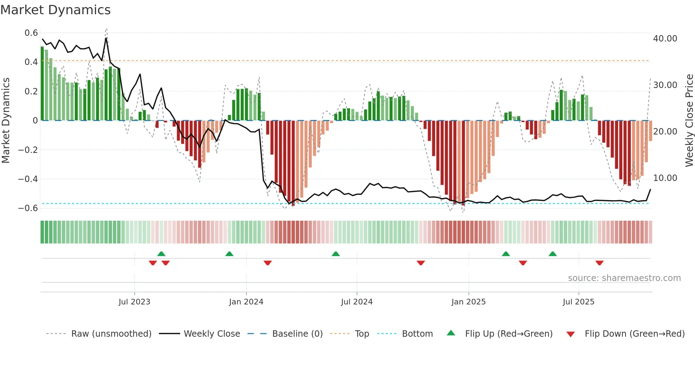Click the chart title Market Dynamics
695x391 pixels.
point(56,10)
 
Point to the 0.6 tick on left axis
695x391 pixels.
point(31,33)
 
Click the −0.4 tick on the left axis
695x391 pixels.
point(28,179)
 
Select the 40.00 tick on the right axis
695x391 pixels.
point(665,38)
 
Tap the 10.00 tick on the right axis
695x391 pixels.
point(665,178)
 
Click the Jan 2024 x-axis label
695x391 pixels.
point(246,302)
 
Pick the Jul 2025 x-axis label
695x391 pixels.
point(578,302)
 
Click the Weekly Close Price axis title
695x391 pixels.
point(689,121)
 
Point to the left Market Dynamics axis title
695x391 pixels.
point(6,121)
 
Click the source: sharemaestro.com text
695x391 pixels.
point(624,278)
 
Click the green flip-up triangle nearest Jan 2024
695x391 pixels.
point(229,254)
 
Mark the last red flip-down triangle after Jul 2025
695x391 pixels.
point(599,263)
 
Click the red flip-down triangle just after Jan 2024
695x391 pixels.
point(268,263)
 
